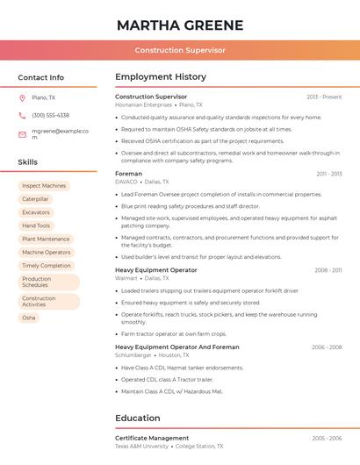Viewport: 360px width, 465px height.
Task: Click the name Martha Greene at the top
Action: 180,25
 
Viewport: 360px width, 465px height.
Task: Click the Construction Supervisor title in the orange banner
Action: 180,50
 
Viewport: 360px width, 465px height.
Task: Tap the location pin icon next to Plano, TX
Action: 22,97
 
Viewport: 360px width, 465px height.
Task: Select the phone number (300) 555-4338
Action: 50,115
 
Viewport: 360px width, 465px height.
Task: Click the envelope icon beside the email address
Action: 22,134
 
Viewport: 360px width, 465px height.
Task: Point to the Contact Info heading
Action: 40,77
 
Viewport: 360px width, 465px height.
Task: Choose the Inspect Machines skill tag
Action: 44,186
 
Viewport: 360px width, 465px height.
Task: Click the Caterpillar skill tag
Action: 35,199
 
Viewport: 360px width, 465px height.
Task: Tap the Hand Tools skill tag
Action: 36,225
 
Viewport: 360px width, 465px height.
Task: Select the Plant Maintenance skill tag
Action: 46,239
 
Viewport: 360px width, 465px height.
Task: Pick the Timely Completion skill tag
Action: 47,265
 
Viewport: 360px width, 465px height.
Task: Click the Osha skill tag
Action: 29,318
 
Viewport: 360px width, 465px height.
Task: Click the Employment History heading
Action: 161,77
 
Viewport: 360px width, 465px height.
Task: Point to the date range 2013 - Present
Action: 324,97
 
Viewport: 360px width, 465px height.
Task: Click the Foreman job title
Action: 128,174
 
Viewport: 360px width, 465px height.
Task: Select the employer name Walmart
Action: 126,278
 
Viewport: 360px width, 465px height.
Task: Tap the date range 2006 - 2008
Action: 326,347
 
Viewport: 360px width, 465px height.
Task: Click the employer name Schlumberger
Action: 133,355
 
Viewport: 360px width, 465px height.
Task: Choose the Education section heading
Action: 138,418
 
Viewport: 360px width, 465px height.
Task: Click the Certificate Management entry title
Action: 152,438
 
